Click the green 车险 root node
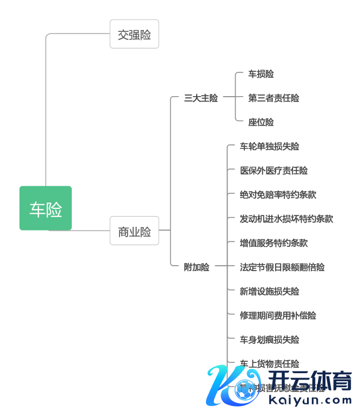[45, 208]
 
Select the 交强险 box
[134, 35]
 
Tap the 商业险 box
[134, 231]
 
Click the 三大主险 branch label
[201, 98]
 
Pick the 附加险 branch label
[196, 267]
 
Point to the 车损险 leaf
[261, 74]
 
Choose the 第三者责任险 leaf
[274, 98]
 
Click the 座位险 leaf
[261, 123]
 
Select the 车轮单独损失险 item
[269, 146]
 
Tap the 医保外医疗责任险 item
[274, 171]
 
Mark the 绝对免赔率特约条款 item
[278, 194]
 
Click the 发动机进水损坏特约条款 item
[286, 219]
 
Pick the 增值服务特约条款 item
[274, 243]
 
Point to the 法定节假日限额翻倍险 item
[282, 267]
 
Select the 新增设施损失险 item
[269, 291]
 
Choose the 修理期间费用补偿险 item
[278, 315]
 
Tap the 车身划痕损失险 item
[269, 340]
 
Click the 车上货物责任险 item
[269, 363]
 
